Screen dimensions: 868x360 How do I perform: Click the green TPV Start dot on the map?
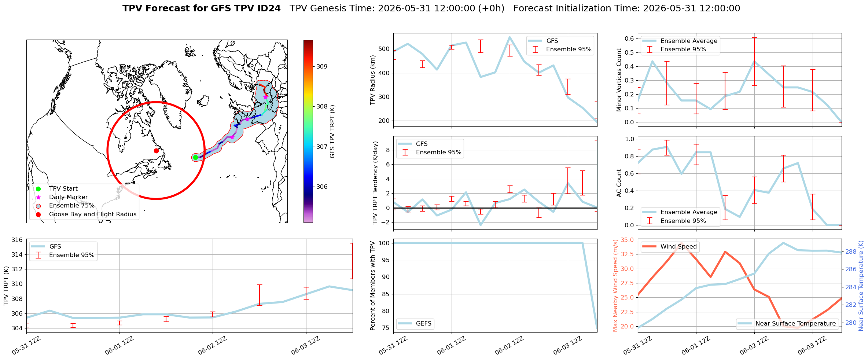pos(195,157)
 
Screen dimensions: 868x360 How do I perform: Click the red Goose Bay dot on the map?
pos(156,151)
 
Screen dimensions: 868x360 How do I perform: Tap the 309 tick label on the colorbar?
pos(322,67)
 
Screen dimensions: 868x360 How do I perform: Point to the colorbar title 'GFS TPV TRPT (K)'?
pos(332,131)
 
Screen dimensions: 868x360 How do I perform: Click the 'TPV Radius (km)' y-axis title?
pos(373,80)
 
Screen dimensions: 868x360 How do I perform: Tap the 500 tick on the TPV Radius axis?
pos(384,49)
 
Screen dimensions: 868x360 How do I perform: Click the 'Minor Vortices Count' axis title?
pos(619,80)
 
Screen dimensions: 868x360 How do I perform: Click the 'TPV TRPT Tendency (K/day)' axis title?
pos(375,183)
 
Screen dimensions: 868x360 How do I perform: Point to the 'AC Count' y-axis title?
pos(619,183)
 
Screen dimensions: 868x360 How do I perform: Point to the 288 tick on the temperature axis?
pos(851,252)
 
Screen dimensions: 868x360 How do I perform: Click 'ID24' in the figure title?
pos(270,8)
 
